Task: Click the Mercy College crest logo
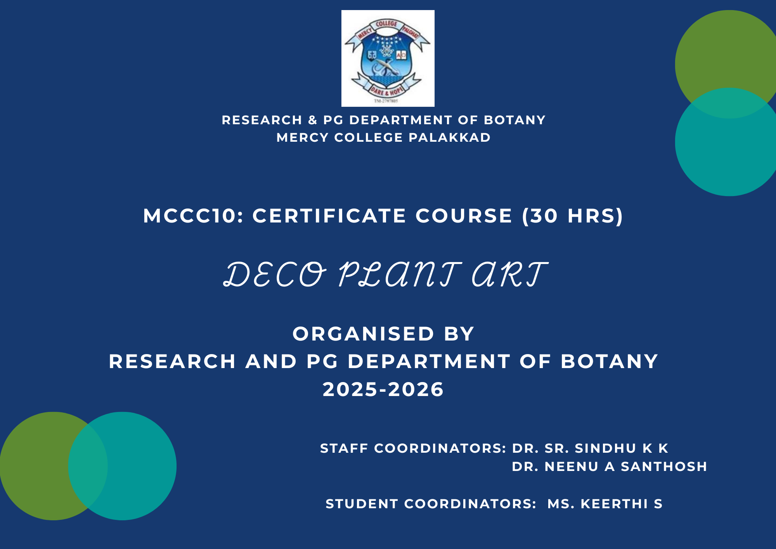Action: (388, 58)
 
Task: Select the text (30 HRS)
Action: (572, 216)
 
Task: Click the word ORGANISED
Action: (363, 334)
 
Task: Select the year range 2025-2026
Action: (383, 389)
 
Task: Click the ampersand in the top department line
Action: (313, 120)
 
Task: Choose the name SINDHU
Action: (605, 448)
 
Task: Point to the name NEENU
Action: (572, 466)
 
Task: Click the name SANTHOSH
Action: (664, 466)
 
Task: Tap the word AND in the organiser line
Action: (271, 361)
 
